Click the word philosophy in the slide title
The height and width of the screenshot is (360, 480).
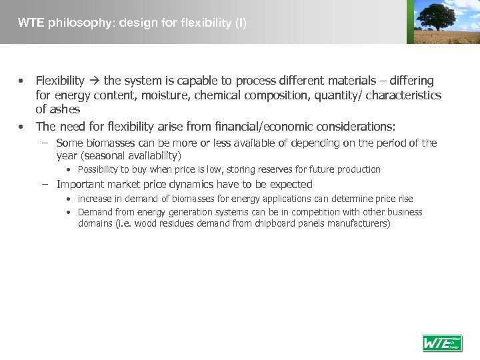[74, 23]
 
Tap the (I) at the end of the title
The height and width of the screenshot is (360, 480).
[240, 23]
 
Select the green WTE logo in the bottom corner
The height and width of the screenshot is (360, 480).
[442, 343]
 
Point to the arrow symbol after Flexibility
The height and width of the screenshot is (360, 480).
[93, 81]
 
